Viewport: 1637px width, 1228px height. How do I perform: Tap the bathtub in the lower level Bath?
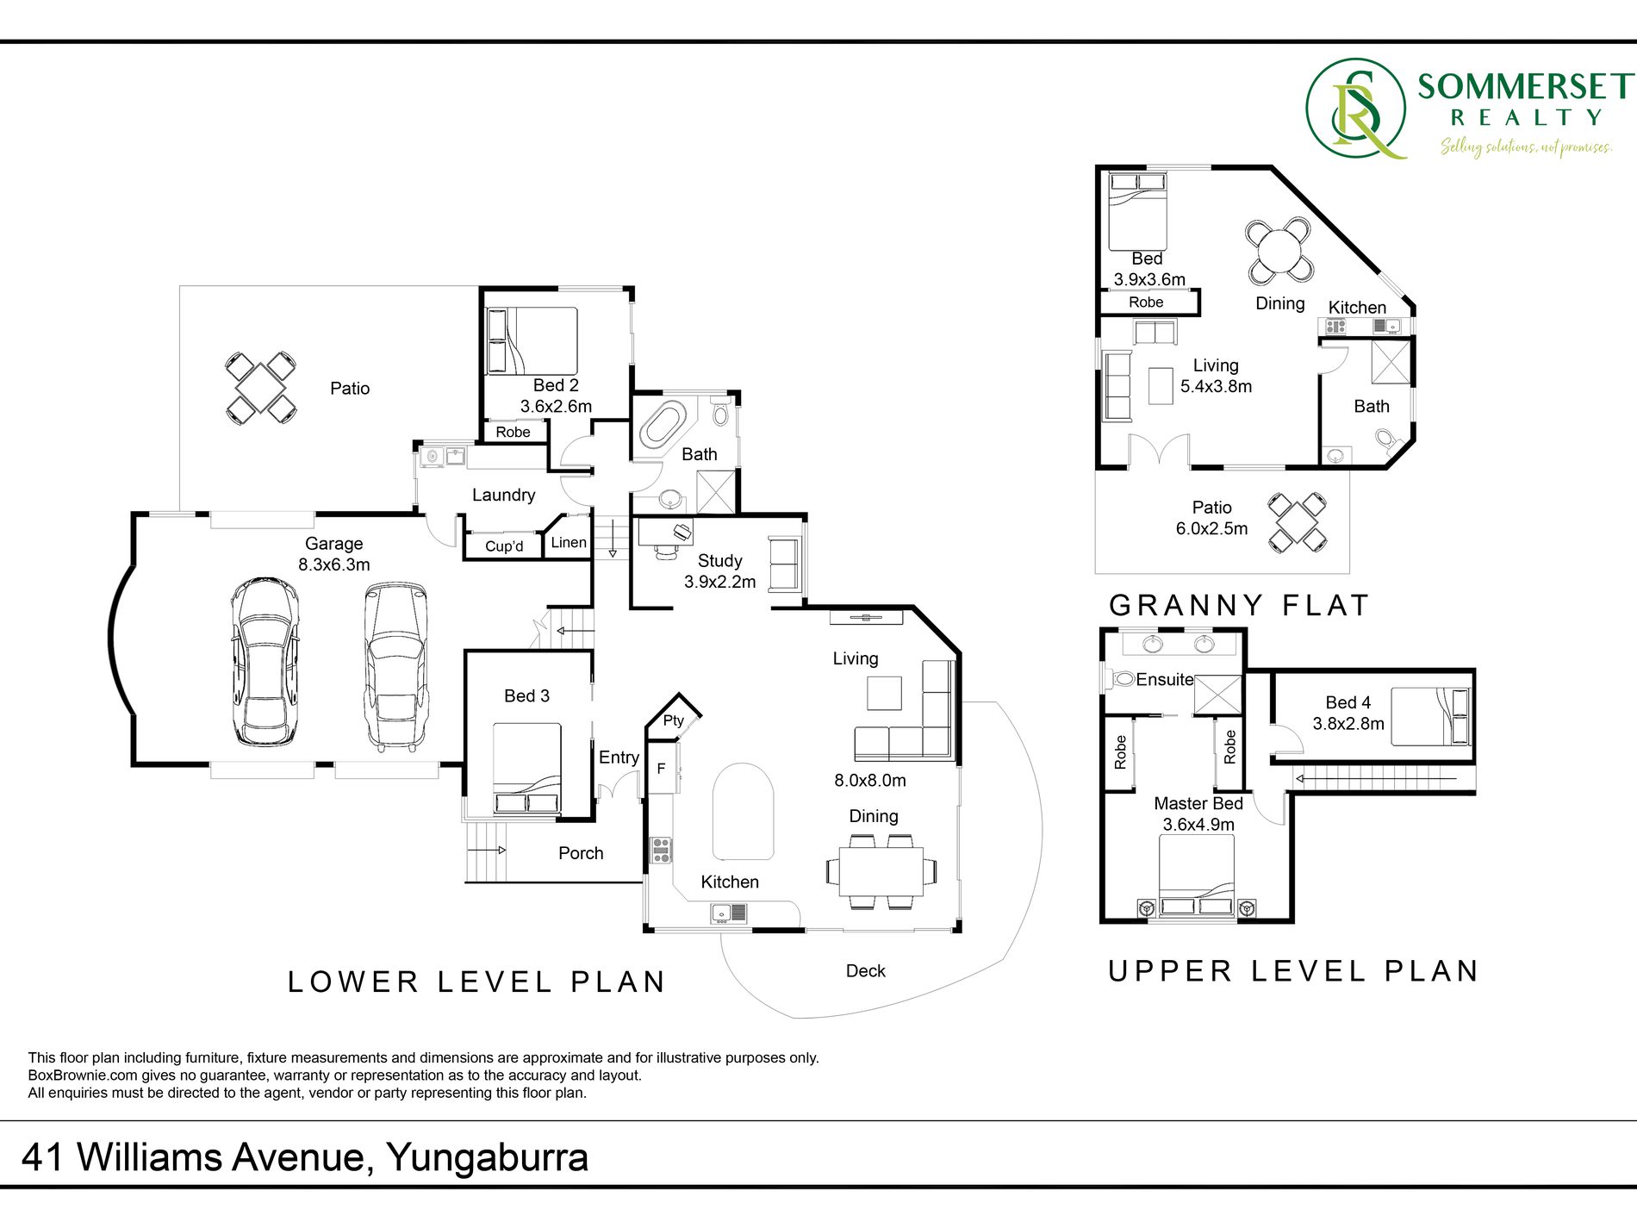662,423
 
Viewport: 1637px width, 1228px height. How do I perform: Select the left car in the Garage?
265,661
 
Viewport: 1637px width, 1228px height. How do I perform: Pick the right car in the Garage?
395,666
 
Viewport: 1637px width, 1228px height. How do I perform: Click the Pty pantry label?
674,720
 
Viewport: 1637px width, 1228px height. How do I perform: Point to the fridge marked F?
663,767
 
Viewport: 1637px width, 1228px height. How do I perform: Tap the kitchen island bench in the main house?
743,811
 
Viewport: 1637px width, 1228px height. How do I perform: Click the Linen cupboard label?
569,542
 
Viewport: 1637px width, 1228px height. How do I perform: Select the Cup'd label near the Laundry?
504,545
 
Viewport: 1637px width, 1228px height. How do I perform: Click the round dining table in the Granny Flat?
1280,252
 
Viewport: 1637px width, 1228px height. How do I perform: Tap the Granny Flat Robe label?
1146,302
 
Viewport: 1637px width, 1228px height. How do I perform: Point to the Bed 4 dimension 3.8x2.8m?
1348,724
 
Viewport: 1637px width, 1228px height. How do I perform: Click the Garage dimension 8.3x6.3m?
334,564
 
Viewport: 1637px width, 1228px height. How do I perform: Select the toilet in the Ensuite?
1119,679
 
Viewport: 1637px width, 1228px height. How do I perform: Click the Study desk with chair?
665,537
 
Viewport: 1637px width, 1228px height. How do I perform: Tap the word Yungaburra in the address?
488,1157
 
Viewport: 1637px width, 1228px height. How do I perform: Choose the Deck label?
866,971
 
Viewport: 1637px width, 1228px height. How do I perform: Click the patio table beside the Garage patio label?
261,389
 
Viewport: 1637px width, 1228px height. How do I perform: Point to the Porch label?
581,853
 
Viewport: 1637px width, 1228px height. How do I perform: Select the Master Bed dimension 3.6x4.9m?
1198,825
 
